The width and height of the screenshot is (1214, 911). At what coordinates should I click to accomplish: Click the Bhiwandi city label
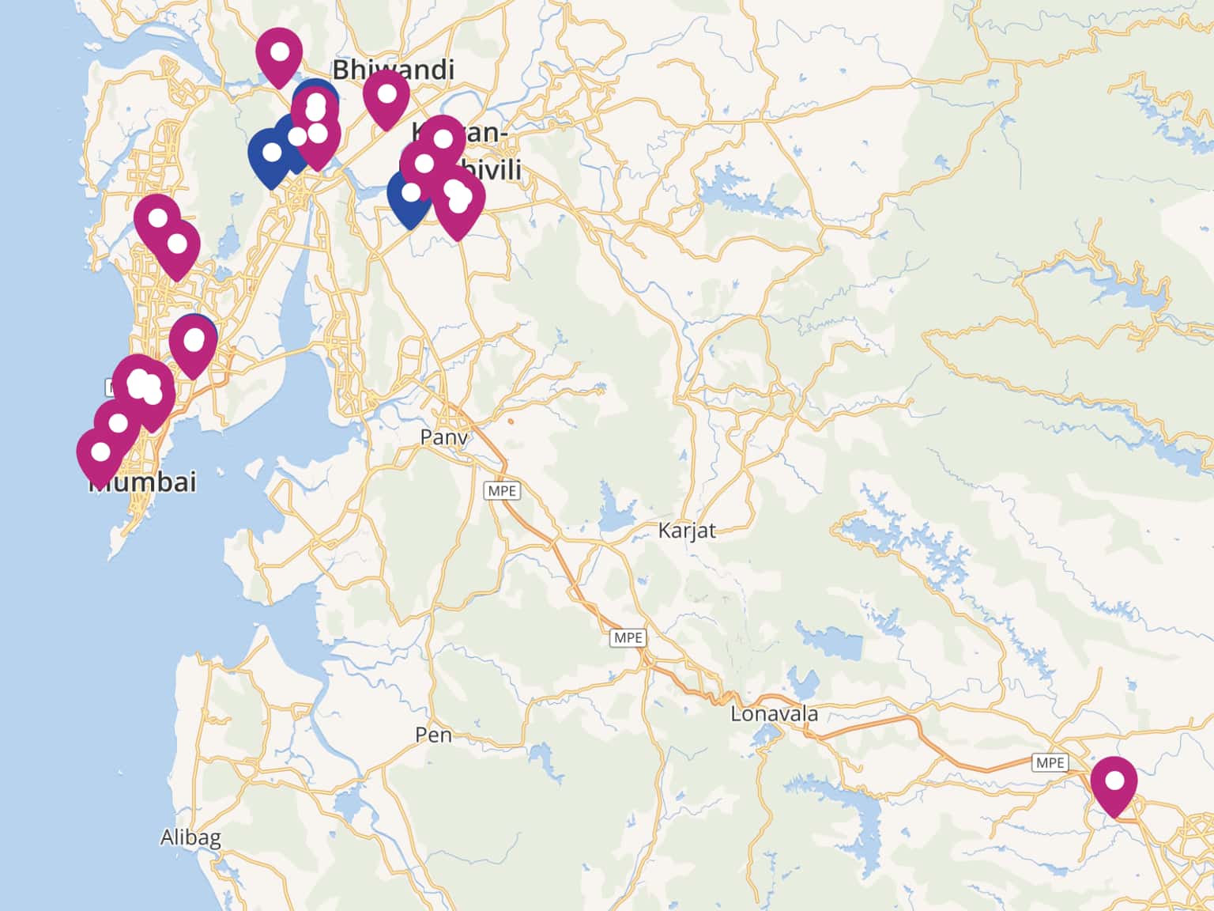click(x=393, y=70)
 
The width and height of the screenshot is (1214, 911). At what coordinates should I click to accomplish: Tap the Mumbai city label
click(x=142, y=482)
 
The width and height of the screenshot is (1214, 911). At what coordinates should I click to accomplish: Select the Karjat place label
click(x=686, y=531)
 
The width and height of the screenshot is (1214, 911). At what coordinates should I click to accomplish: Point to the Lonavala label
click(x=774, y=714)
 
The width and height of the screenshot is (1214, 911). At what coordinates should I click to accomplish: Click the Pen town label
click(x=434, y=735)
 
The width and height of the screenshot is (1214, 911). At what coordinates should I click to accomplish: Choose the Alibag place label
click(x=190, y=837)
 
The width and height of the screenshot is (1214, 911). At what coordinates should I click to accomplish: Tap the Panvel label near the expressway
click(x=443, y=437)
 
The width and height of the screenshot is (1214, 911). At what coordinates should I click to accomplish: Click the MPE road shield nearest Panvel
click(x=502, y=491)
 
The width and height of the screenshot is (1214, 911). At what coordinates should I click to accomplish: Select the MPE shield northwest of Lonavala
click(x=628, y=637)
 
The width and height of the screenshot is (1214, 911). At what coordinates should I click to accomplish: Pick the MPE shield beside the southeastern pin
click(x=1050, y=762)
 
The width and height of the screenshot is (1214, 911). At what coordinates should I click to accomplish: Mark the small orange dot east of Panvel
click(x=511, y=421)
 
